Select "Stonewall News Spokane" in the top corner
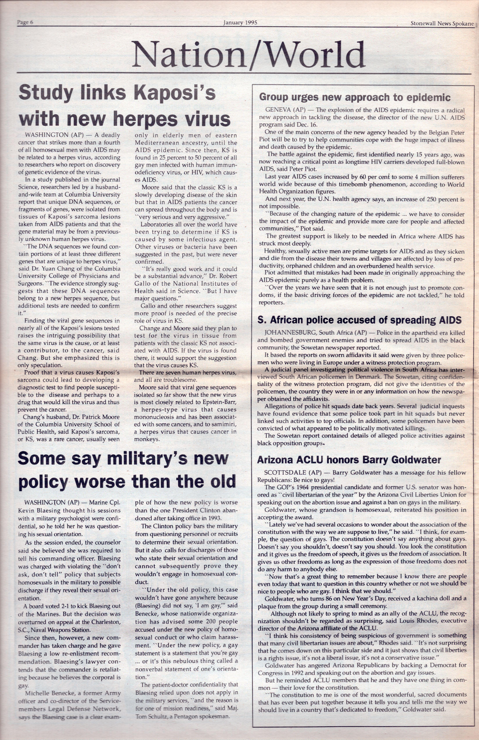click(442, 23)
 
